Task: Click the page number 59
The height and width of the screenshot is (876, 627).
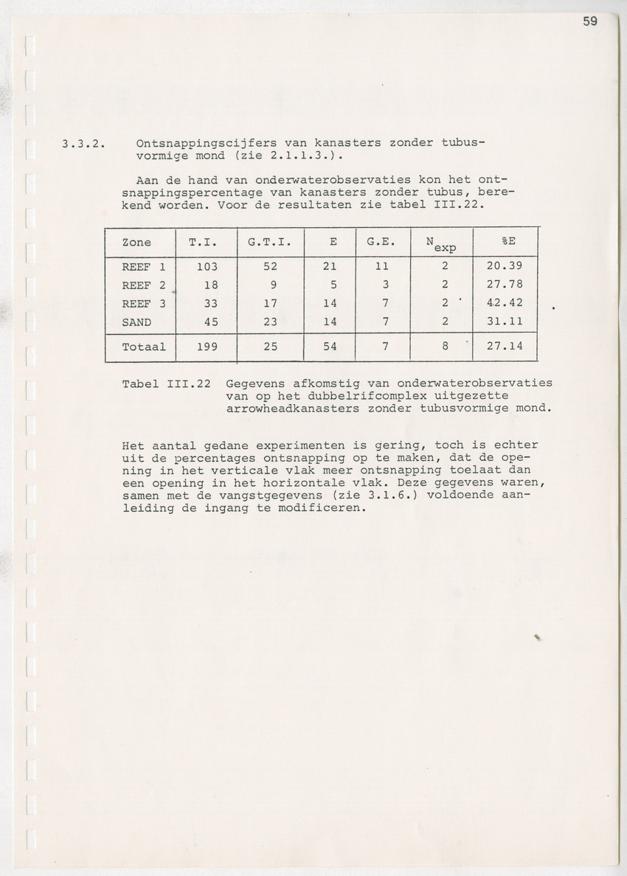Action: pos(590,21)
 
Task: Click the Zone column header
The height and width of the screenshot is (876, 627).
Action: pos(136,242)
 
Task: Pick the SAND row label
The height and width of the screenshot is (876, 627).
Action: pos(136,321)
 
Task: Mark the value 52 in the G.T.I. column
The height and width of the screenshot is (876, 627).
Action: pos(270,267)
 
